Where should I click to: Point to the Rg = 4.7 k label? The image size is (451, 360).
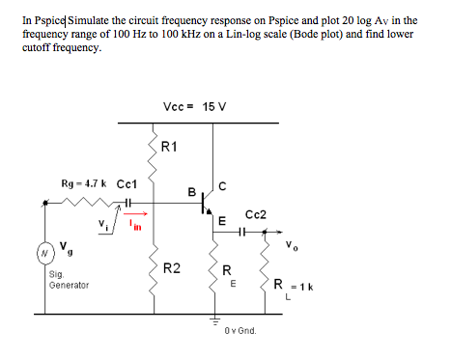[x=82, y=183]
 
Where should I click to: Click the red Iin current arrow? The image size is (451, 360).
[x=137, y=215]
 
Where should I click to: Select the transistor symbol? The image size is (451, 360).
[x=206, y=204]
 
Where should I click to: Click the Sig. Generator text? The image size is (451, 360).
[x=68, y=280]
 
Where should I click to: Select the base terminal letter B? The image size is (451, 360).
[x=191, y=191]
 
